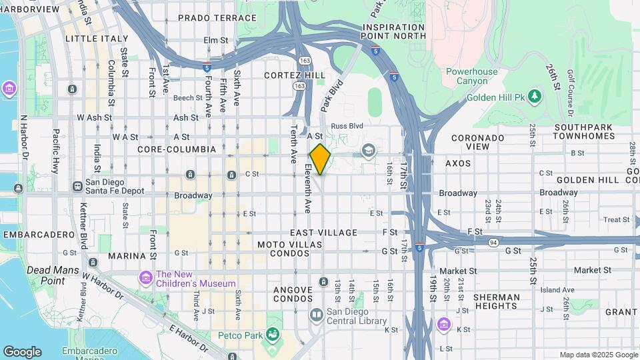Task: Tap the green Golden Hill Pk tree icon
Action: point(534,97)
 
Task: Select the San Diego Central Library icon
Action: point(317,314)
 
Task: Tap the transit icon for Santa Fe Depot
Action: point(77,186)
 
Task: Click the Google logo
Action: point(22,352)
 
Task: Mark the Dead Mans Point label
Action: point(46,275)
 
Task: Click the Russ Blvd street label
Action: point(347,125)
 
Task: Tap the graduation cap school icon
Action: point(368,151)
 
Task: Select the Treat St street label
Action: point(616,219)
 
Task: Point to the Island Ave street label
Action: point(557,289)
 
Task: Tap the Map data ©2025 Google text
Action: point(597,355)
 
